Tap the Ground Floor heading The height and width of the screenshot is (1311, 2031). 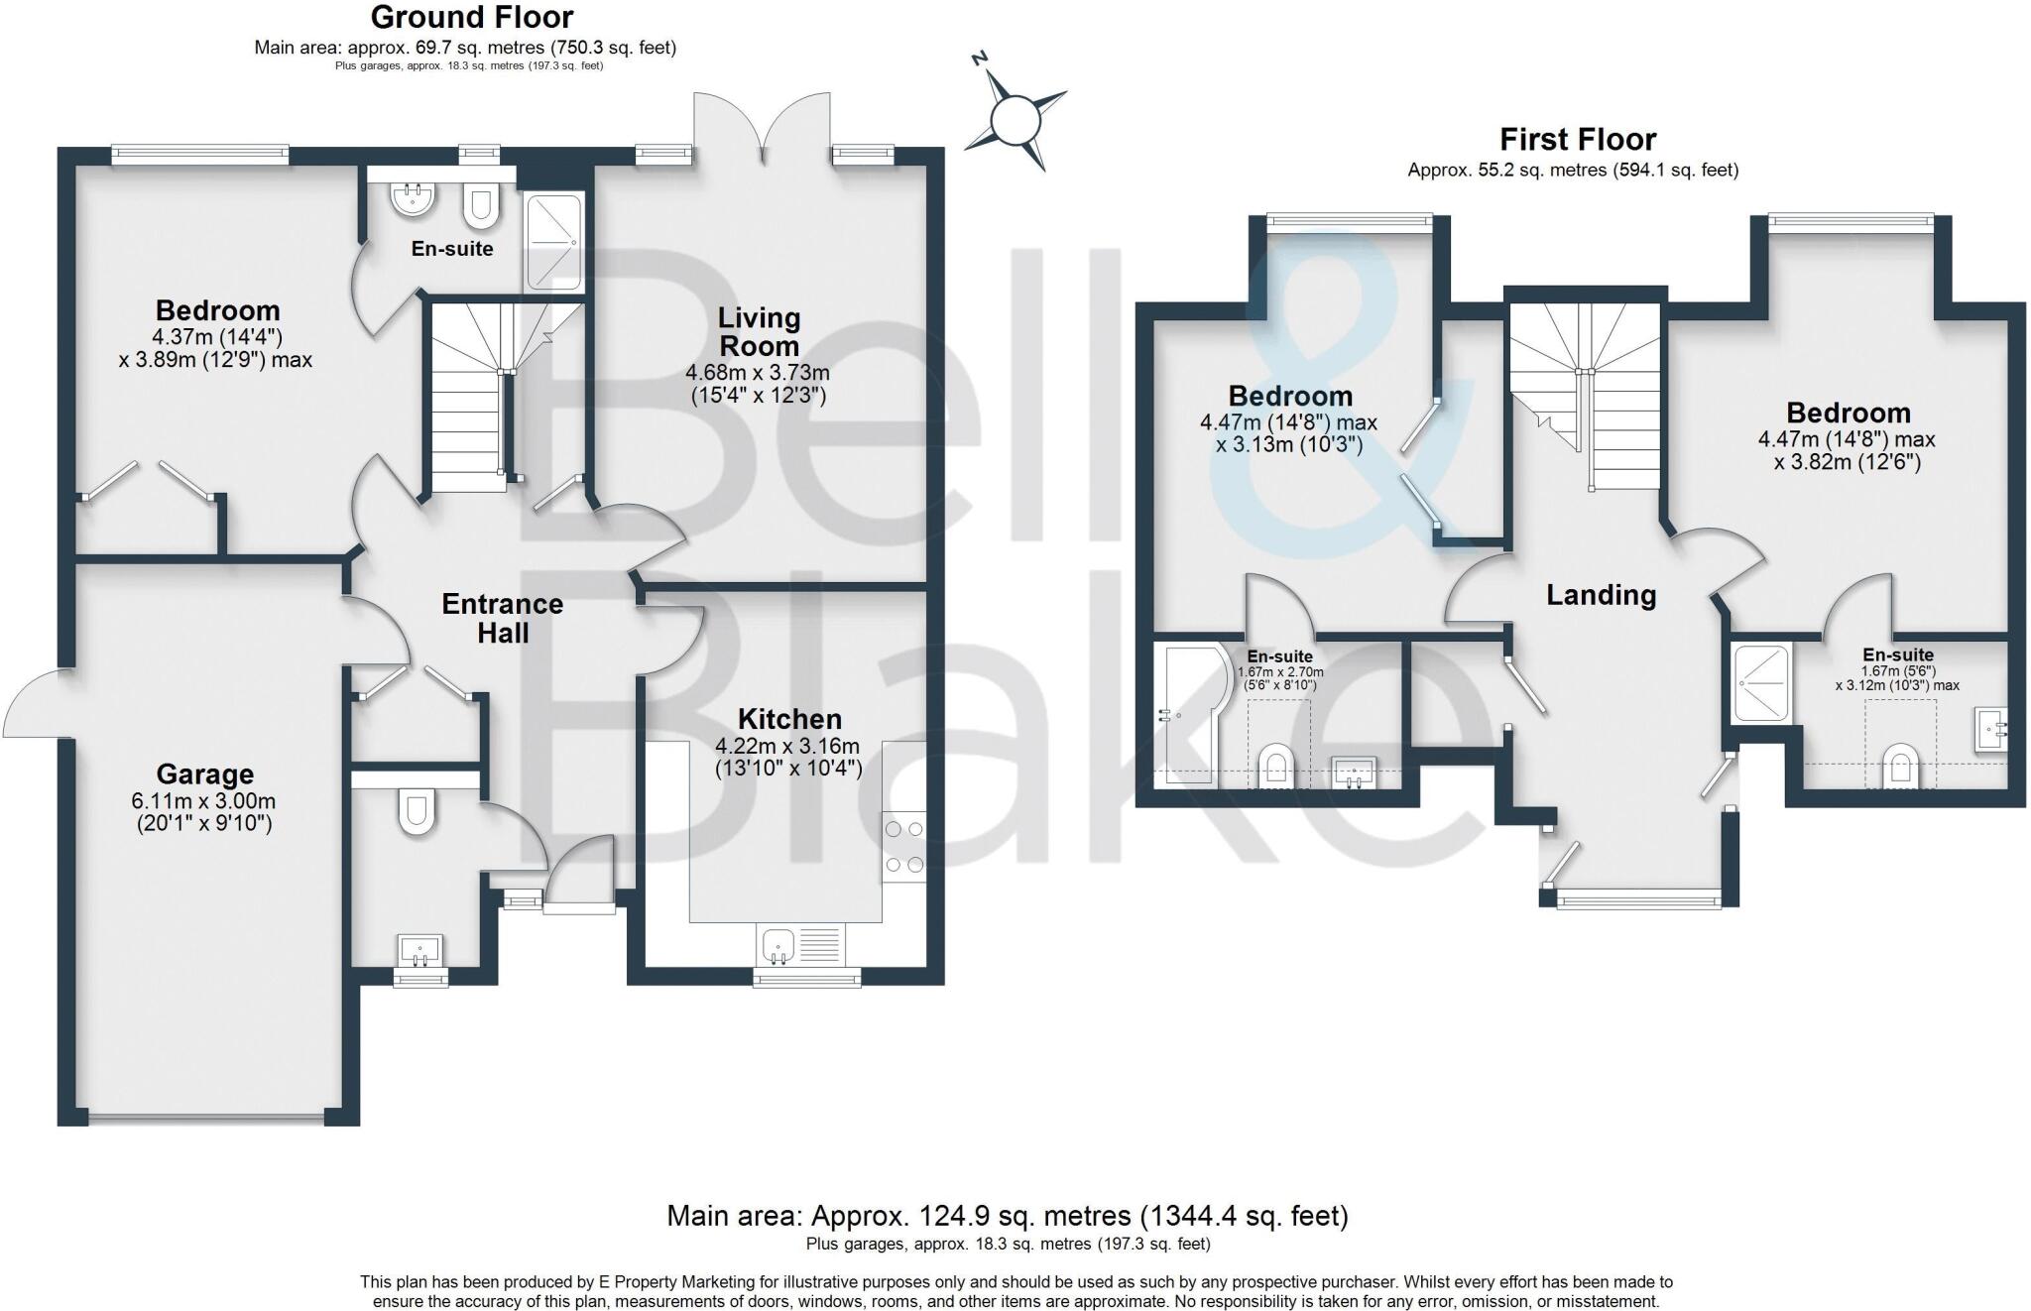click(472, 17)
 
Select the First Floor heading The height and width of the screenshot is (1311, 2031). click(1577, 139)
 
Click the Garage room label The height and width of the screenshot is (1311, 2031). click(204, 774)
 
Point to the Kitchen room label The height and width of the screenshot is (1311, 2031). click(789, 719)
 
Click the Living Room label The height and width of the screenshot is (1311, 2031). click(759, 332)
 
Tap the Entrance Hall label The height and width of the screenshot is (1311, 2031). click(502, 618)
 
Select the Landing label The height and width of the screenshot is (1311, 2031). click(1601, 595)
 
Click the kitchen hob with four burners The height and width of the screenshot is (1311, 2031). click(904, 847)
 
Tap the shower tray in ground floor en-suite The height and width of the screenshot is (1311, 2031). click(553, 243)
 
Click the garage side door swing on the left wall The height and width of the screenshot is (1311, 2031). click(35, 704)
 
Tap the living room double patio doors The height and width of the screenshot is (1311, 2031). click(762, 124)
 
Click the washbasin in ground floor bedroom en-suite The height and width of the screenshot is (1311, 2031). click(414, 199)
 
